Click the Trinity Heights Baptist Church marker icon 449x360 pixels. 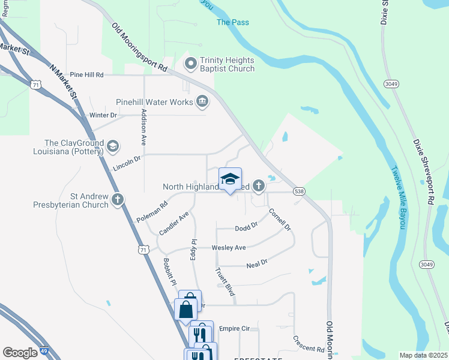coord(191,63)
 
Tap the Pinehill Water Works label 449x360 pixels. coord(155,102)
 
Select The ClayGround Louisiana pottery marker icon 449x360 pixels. coord(112,146)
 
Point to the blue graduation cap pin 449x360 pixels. coord(230,179)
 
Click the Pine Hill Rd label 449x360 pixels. coord(87,75)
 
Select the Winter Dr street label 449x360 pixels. coord(103,115)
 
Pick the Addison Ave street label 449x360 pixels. coord(144,127)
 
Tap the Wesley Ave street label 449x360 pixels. coord(229,247)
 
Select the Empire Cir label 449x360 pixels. coord(234,329)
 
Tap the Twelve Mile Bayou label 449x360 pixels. coord(397,197)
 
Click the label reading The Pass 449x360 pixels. coord(232,22)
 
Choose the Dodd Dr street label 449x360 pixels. coord(246,227)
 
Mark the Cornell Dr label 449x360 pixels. coord(280,220)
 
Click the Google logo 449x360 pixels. coord(20,353)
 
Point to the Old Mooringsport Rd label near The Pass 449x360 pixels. coord(139,47)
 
